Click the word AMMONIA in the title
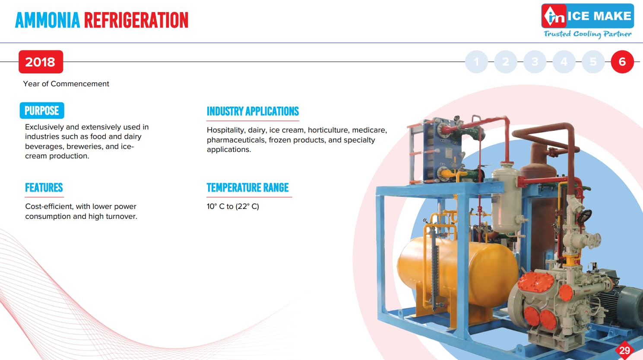48,20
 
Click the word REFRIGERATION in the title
136,20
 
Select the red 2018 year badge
41,62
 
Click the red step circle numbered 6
622,62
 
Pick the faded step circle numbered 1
476,62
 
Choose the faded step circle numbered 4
564,62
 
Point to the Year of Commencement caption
66,84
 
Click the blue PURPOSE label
42,111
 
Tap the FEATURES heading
44,188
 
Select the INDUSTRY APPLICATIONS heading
253,111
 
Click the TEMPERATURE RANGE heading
247,188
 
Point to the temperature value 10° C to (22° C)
233,206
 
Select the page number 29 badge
624,350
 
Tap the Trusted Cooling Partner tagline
587,34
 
